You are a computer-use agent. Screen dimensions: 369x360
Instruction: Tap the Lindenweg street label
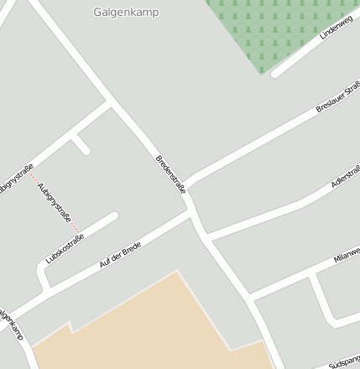tap(337, 28)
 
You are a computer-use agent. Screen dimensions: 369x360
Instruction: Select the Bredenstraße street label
tap(171, 174)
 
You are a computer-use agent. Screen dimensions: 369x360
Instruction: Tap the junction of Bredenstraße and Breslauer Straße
tap(185, 185)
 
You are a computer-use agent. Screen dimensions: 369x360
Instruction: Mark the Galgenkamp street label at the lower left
tap(12, 328)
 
